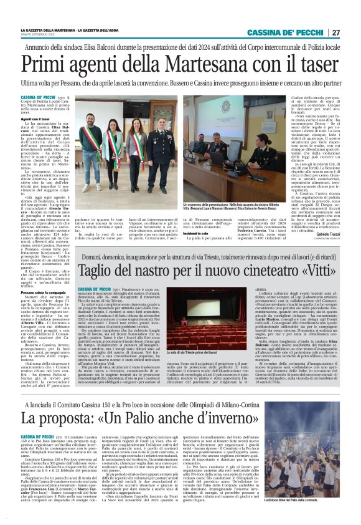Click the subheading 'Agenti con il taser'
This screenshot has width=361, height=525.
click(x=35, y=118)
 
